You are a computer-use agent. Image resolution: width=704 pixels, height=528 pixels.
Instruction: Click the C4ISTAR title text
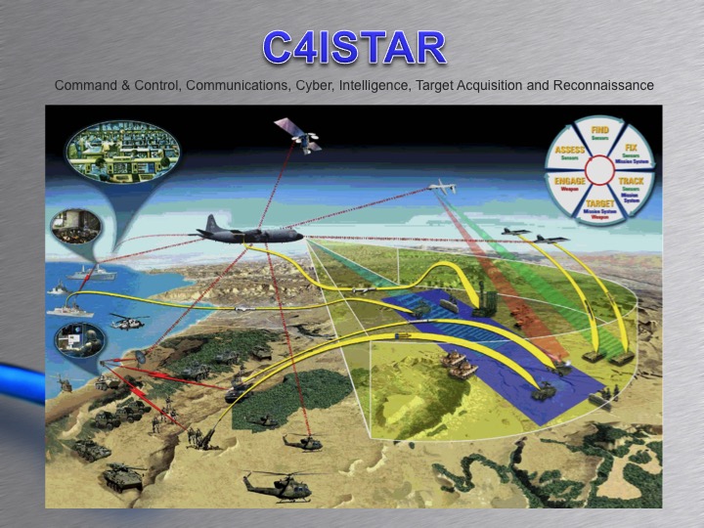click(353, 47)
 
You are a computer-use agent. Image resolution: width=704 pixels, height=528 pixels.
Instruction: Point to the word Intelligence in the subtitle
click(377, 86)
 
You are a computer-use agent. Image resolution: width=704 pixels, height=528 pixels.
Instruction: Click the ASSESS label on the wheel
click(570, 152)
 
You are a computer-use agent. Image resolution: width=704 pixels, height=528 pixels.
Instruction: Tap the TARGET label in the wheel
click(600, 204)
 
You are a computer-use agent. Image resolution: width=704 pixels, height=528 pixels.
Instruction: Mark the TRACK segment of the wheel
click(631, 185)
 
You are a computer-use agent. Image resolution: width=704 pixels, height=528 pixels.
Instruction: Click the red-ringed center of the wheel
click(599, 169)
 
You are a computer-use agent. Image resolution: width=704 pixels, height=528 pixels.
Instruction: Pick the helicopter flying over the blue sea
click(126, 319)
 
